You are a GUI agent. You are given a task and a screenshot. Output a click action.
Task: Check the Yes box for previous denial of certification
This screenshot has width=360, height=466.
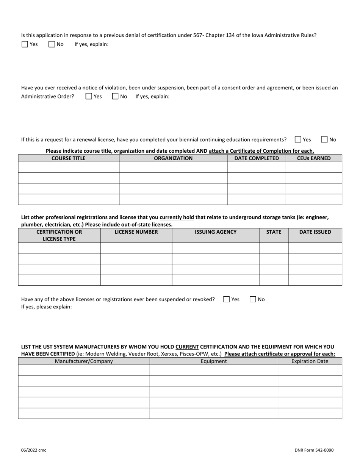click(x=25, y=44)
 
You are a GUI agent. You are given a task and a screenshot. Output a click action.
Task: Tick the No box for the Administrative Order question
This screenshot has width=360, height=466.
click(x=116, y=96)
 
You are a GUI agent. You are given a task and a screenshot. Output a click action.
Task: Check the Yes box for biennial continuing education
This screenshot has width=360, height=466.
click(x=298, y=139)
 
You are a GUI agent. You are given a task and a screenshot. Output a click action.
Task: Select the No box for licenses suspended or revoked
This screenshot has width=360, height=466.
click(x=253, y=299)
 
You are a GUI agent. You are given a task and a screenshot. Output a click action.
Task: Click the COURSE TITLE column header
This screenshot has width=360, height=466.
click(x=69, y=158)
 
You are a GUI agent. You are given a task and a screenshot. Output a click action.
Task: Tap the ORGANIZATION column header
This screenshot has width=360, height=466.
click(x=173, y=158)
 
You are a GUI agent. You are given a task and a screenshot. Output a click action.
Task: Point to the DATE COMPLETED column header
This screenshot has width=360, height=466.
click(x=257, y=158)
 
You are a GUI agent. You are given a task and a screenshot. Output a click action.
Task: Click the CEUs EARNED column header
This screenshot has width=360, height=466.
click(x=314, y=158)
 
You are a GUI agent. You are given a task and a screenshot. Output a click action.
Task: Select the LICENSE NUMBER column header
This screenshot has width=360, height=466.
click(x=136, y=232)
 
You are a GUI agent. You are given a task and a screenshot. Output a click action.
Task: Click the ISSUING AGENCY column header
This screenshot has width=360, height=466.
click(x=216, y=232)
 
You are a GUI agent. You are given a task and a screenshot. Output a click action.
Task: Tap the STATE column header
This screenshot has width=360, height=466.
click(x=274, y=232)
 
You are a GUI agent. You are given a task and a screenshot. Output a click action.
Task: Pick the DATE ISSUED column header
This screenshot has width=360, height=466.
click(x=315, y=232)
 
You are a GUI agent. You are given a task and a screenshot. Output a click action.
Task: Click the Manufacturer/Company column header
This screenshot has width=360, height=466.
click(x=84, y=361)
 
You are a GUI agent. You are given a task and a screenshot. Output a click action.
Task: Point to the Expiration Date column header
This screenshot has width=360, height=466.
click(x=310, y=361)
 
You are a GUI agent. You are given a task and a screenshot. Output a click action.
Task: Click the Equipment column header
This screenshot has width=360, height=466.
click(x=214, y=361)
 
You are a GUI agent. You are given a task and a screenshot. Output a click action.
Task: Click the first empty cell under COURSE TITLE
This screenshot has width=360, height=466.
click(x=69, y=167)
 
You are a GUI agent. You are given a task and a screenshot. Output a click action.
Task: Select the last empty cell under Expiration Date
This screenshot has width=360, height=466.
click(x=310, y=413)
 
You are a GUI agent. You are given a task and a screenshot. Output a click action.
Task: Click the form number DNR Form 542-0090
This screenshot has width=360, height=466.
click(x=314, y=450)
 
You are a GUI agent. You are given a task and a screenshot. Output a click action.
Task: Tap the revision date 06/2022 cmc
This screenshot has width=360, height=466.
click(x=34, y=450)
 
